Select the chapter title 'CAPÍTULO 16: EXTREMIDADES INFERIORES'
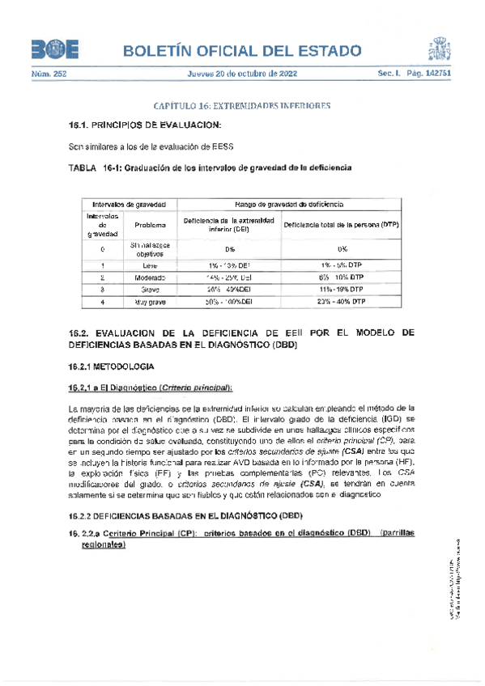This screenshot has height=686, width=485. click(242, 106)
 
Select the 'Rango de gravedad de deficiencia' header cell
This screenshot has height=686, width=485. click(289, 205)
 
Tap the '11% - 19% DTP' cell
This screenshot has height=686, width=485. click(342, 289)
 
